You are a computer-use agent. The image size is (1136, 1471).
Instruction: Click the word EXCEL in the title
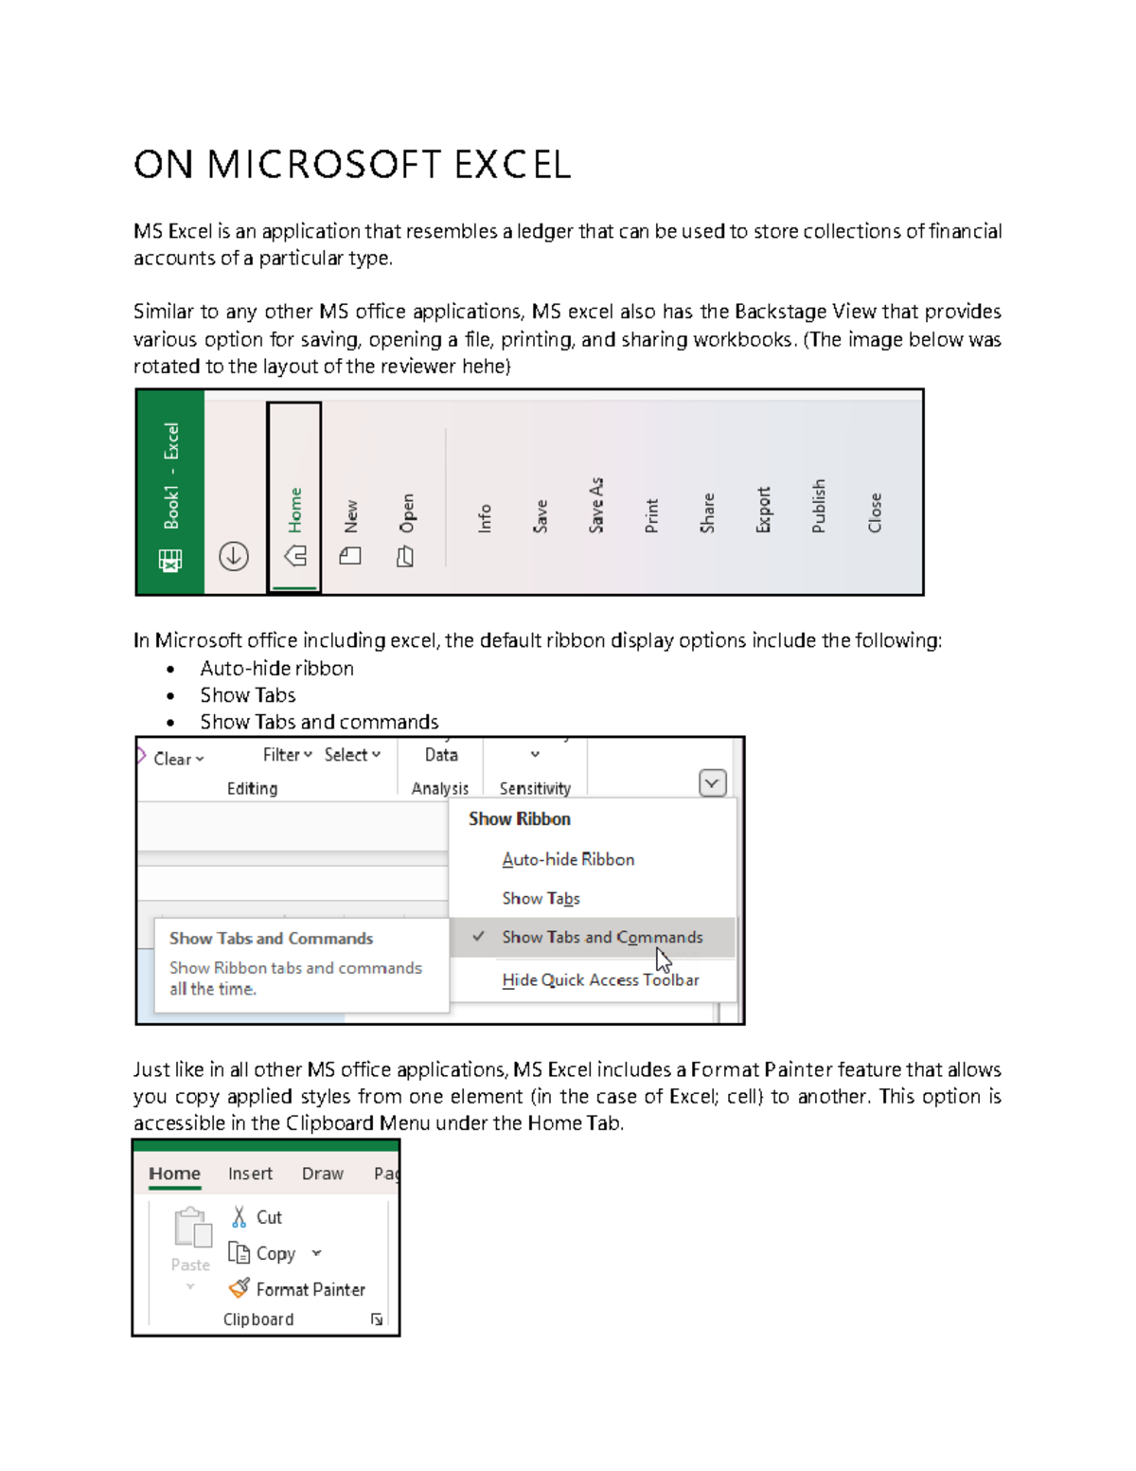pos(511,165)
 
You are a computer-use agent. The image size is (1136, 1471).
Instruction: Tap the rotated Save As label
pos(596,505)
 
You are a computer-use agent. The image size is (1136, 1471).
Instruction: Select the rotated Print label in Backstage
pos(651,515)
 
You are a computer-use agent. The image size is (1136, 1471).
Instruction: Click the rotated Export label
pos(764,510)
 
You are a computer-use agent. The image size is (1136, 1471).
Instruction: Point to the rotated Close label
pos(875,512)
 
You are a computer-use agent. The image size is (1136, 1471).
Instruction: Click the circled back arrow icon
pos(234,556)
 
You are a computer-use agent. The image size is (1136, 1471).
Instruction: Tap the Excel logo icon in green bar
pos(170,561)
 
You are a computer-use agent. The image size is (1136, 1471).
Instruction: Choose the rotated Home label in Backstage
pos(295,510)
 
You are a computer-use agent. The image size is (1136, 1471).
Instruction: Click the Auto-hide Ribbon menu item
pos(568,859)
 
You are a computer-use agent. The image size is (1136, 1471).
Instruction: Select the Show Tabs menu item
pos(541,898)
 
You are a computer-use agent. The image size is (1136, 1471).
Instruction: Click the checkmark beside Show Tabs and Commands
pos(479,937)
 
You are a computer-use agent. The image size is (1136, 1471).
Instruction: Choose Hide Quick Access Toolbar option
pos(600,979)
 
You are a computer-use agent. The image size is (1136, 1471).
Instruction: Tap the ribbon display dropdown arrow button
pos(712,783)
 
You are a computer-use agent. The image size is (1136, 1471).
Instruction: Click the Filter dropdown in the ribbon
pos(287,755)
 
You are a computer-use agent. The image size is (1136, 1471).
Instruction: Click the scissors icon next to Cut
pos(239,1217)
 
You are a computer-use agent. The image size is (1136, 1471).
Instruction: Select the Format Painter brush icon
pos(240,1288)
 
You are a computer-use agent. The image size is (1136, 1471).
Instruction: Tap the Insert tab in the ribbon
pos(250,1174)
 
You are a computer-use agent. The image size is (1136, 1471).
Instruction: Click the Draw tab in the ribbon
pos(322,1174)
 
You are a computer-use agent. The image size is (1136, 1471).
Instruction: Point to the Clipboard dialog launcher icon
pos(377,1319)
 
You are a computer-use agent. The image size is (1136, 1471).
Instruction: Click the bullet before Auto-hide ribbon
pos(170,670)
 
